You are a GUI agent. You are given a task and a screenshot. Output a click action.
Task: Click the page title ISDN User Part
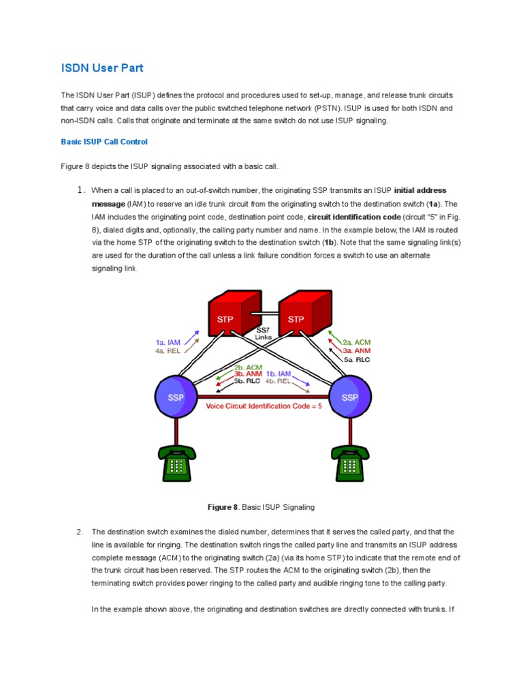(x=102, y=68)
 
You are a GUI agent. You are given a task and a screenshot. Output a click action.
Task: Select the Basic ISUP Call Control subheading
(x=104, y=142)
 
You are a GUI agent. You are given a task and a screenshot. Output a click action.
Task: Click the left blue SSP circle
(x=176, y=397)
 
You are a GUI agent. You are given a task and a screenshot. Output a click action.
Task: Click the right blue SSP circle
(x=350, y=397)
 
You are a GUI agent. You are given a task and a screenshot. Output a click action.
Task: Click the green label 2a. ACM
(x=357, y=342)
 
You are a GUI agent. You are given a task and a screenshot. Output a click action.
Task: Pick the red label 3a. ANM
(x=357, y=351)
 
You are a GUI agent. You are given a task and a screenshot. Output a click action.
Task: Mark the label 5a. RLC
(x=357, y=359)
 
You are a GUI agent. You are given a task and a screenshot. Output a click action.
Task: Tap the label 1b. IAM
(x=280, y=373)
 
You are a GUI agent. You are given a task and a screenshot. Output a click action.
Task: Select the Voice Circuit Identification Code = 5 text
(x=263, y=406)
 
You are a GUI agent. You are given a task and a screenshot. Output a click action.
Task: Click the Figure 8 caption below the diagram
(x=261, y=507)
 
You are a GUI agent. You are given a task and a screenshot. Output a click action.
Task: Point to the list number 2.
(x=80, y=532)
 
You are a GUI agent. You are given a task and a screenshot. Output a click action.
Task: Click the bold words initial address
(x=420, y=190)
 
